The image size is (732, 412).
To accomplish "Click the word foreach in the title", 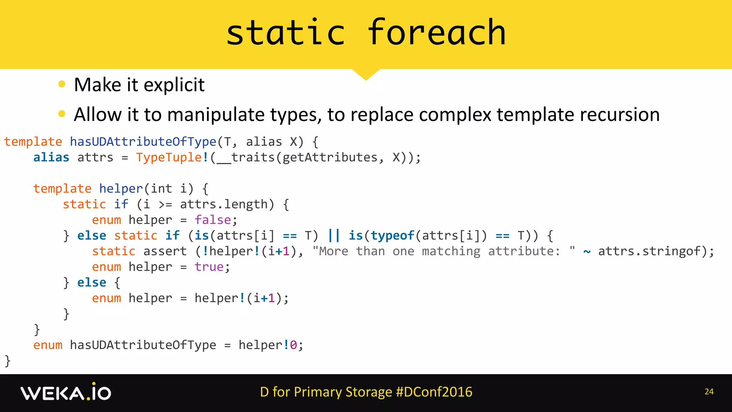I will [x=436, y=33].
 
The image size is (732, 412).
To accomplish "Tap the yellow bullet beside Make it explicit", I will [x=62, y=84].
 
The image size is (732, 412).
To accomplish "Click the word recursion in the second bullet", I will [x=619, y=115].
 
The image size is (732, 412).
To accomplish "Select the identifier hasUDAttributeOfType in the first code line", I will [x=143, y=142].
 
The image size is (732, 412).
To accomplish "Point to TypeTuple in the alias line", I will [x=169, y=157].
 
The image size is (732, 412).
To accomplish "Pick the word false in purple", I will [x=213, y=220].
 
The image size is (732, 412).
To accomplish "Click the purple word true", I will [x=209, y=267].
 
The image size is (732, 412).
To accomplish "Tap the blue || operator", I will [x=334, y=235].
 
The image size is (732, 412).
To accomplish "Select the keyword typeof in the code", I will [x=392, y=235].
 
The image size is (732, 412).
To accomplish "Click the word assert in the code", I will [x=165, y=251].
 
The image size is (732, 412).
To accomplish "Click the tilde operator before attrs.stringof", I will [x=587, y=252].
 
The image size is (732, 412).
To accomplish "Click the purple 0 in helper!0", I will [x=293, y=345].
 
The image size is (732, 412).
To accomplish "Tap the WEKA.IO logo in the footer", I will [x=66, y=392].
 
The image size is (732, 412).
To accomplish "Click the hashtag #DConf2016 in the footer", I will [x=434, y=392].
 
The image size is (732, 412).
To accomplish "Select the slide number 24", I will [x=709, y=392].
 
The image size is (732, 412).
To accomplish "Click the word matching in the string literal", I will [x=451, y=251].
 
